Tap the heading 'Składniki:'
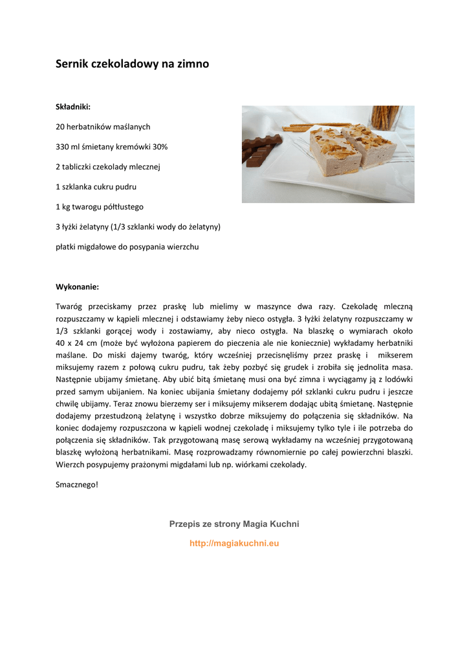73,107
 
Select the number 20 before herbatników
60,127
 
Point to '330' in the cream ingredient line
62,147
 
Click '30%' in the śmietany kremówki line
160,147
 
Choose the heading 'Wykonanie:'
77,286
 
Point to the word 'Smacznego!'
77,484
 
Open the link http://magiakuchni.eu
234,544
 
